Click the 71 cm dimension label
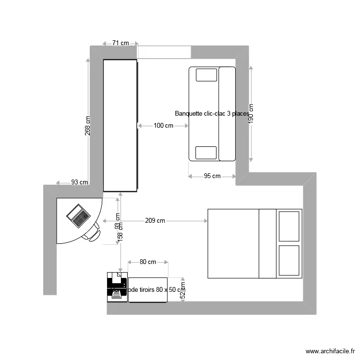coord(120,43)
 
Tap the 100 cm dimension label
coord(163,126)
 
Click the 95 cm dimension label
coord(212,176)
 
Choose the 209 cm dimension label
coord(155,221)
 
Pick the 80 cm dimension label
coord(148,262)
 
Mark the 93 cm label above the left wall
coord(80,182)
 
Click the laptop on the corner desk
coord(78,215)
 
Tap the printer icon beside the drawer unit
coord(117,287)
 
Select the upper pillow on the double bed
coord(289,225)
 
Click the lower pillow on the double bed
coord(289,261)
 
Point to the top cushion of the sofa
coord(206,75)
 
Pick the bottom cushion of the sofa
coord(206,153)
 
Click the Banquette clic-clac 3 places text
coord(212,114)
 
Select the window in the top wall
coord(164,52)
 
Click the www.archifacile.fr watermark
coord(329,351)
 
